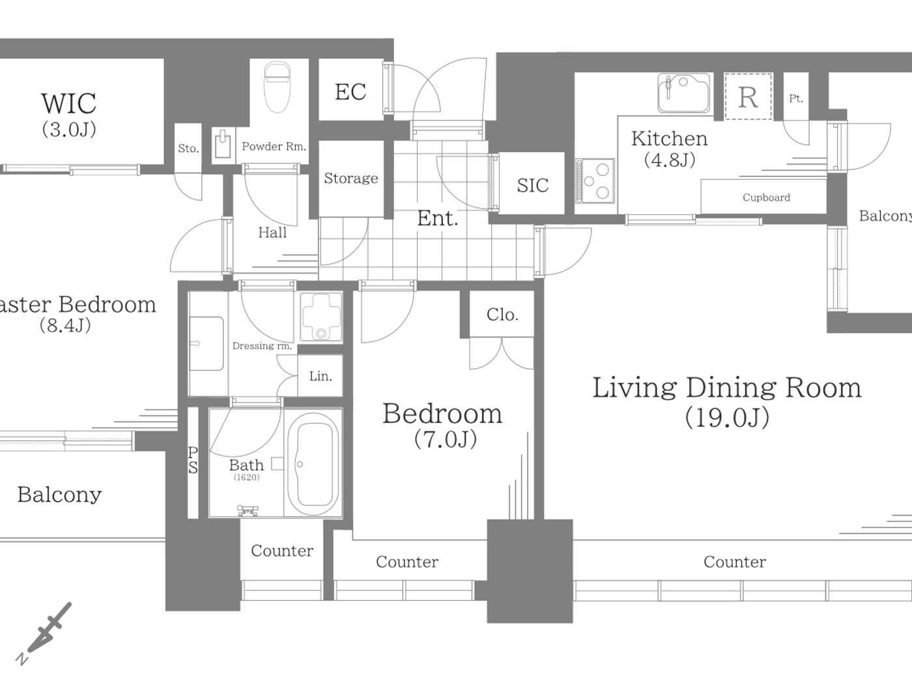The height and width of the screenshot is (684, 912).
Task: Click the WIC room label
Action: [68, 104]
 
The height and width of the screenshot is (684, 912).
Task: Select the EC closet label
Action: [350, 92]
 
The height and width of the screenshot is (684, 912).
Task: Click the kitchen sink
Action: [683, 93]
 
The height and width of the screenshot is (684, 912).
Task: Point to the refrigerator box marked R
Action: [748, 97]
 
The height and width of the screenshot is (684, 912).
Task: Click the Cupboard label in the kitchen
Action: [766, 197]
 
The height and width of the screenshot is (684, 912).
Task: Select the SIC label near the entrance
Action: [532, 186]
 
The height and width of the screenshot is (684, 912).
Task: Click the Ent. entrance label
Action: [437, 218]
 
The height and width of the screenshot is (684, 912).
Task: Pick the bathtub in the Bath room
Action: [313, 464]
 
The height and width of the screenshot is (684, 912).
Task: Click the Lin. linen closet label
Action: [321, 377]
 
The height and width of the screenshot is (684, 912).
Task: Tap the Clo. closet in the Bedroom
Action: [502, 315]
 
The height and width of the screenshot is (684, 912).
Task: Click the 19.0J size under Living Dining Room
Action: [727, 418]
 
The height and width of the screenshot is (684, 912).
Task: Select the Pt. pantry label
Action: [795, 99]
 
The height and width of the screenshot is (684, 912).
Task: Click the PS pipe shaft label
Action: [193, 460]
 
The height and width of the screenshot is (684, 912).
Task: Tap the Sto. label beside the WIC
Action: [188, 149]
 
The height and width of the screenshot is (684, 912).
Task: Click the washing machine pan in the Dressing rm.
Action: [321, 317]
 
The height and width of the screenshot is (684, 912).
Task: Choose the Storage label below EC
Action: [350, 178]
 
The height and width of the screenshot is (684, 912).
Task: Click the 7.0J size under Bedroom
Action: [446, 440]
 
